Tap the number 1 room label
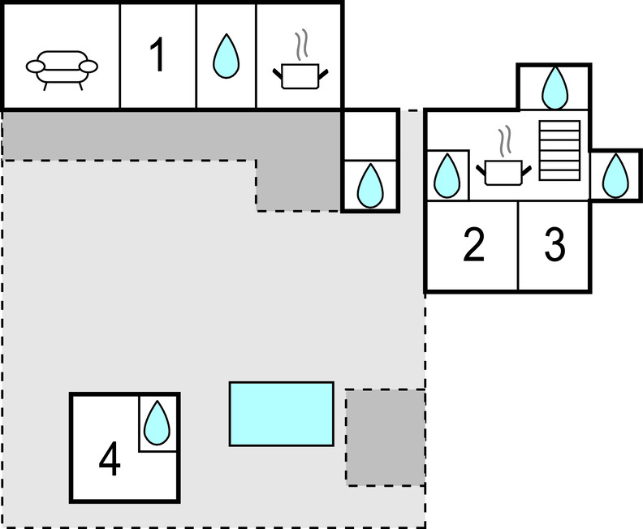(x=158, y=57)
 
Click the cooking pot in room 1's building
(x=300, y=76)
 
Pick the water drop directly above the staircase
(x=555, y=87)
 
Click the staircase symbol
(x=560, y=150)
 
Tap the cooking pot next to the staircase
(x=505, y=171)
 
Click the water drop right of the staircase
(x=615, y=174)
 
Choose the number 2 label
(x=473, y=245)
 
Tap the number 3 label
(x=554, y=245)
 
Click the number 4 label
(x=110, y=461)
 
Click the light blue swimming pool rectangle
(x=281, y=414)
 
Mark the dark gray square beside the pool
(x=386, y=437)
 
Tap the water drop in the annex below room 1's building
(x=370, y=185)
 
